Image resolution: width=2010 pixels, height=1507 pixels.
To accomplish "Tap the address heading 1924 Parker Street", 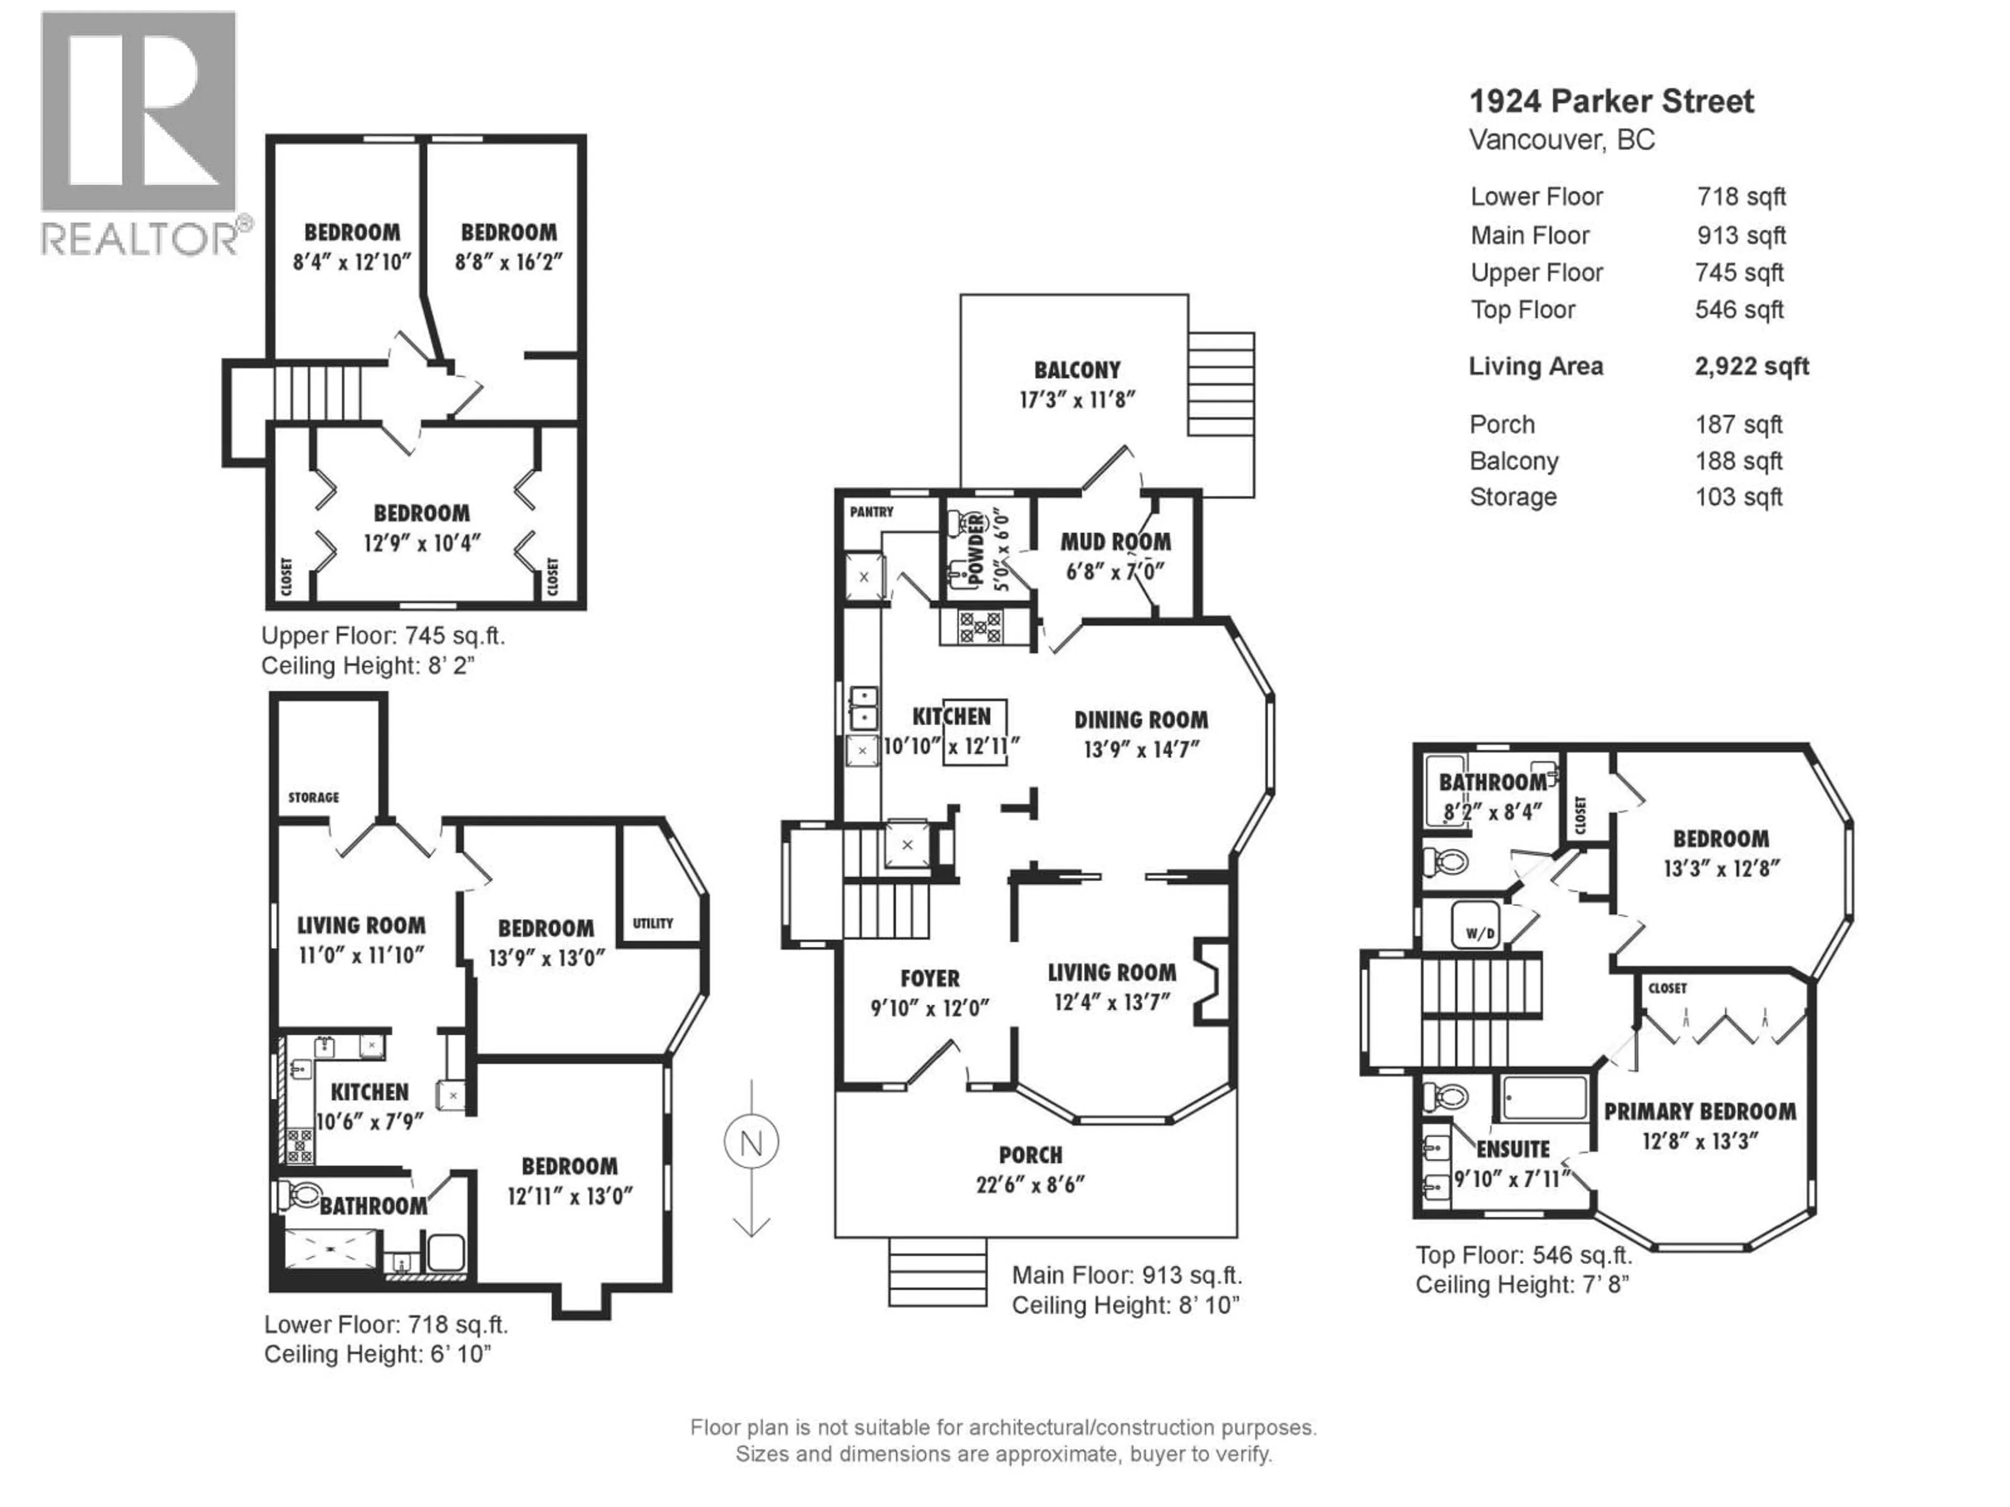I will [x=1611, y=101].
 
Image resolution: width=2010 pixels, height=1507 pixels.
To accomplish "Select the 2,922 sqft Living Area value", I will [x=1751, y=367].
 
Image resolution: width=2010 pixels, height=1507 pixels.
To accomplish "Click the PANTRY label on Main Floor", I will [x=872, y=512].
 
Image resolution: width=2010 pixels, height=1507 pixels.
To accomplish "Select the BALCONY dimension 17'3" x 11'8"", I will [x=1077, y=400].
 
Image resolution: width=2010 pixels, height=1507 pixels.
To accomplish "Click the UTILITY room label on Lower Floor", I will [x=652, y=923].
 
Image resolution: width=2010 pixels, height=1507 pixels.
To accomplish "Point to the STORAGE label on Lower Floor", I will [x=314, y=797].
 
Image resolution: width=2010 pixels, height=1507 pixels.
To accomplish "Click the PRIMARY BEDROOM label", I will [x=1699, y=1112].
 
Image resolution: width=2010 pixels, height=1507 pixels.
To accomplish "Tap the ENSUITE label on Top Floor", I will [x=1512, y=1149].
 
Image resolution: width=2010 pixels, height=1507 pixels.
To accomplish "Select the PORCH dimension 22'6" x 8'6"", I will [x=1031, y=1185].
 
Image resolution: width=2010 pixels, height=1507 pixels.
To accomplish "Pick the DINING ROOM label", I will [x=1141, y=721].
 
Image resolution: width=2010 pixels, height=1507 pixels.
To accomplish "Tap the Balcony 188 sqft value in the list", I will [x=1738, y=462].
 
